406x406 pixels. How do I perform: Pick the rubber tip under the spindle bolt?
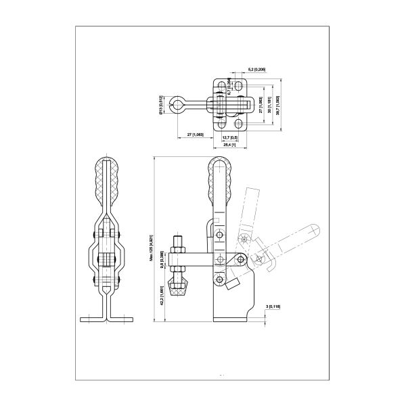click(x=179, y=292)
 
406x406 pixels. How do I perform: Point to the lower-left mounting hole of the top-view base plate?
click(x=222, y=124)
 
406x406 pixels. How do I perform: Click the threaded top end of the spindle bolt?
click(x=179, y=240)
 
